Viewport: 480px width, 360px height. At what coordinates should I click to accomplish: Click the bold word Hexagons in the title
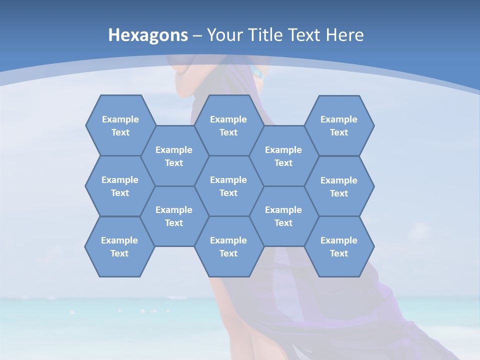(148, 35)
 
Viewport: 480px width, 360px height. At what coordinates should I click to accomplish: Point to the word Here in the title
(344, 35)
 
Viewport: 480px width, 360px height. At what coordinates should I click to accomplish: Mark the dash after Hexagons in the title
(197, 35)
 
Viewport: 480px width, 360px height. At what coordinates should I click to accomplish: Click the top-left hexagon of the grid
(120, 125)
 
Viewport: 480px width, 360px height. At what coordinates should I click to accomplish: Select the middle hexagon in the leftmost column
(120, 186)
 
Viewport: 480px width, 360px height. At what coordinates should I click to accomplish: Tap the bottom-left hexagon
(119, 246)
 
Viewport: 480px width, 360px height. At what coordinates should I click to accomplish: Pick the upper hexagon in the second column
(174, 156)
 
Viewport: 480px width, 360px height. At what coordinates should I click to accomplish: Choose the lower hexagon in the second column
(174, 216)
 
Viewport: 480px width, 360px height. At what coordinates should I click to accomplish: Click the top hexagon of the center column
(228, 125)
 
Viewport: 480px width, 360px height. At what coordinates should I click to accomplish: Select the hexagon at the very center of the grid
(228, 186)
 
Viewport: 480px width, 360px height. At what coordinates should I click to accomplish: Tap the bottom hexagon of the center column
(228, 246)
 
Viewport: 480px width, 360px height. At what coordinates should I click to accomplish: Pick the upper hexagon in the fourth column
(283, 156)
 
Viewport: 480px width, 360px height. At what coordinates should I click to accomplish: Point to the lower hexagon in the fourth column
(283, 216)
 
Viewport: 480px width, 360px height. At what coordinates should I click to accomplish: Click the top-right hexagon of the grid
(339, 125)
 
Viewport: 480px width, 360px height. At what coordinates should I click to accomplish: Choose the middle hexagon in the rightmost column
(339, 186)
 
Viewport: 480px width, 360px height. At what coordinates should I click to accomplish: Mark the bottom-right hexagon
(339, 246)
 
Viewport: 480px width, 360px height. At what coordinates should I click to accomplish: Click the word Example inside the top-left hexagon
(120, 119)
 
